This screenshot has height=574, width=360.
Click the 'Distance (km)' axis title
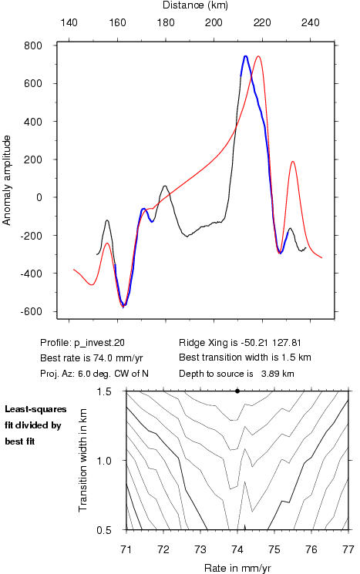(195, 5)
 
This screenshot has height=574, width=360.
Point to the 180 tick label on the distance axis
(166, 22)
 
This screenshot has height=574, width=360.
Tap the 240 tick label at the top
(310, 22)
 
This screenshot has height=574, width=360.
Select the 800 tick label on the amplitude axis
(33, 45)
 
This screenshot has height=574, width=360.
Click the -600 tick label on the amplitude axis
(31, 311)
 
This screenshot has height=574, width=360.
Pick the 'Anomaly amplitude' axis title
(7, 180)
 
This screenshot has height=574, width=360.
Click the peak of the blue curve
(245, 56)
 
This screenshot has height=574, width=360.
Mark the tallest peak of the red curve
(258, 56)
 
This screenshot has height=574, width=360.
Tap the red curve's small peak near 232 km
(293, 162)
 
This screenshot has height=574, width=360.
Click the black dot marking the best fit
(237, 391)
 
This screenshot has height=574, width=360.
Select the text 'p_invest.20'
(99, 343)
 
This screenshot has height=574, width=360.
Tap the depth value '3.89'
(268, 374)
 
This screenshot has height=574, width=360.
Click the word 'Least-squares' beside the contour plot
(35, 409)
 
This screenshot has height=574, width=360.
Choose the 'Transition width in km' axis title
(83, 460)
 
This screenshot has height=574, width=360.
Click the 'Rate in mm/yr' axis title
(237, 568)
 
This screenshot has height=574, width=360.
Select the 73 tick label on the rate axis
(200, 549)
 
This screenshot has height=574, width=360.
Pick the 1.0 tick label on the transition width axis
(104, 461)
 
